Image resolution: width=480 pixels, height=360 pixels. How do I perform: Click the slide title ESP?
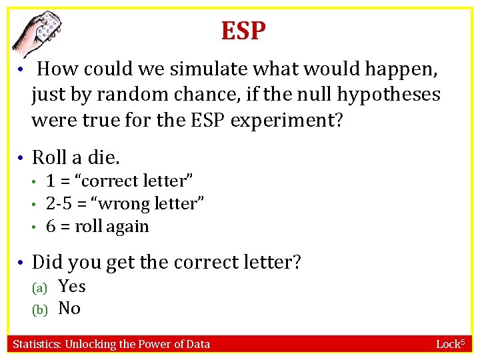(244, 30)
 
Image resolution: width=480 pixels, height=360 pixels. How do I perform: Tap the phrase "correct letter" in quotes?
(135, 181)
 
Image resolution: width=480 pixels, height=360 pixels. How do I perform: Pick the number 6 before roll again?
(51, 226)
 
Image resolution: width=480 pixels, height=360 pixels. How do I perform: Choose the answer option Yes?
(72, 286)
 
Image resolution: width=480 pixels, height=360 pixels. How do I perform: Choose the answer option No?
(69, 308)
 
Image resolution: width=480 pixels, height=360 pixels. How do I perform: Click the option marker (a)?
(40, 287)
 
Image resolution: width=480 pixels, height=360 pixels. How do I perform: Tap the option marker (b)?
(40, 309)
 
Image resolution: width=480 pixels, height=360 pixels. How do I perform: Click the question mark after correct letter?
(297, 263)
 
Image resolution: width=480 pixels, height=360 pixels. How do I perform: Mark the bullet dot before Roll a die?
(22, 158)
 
